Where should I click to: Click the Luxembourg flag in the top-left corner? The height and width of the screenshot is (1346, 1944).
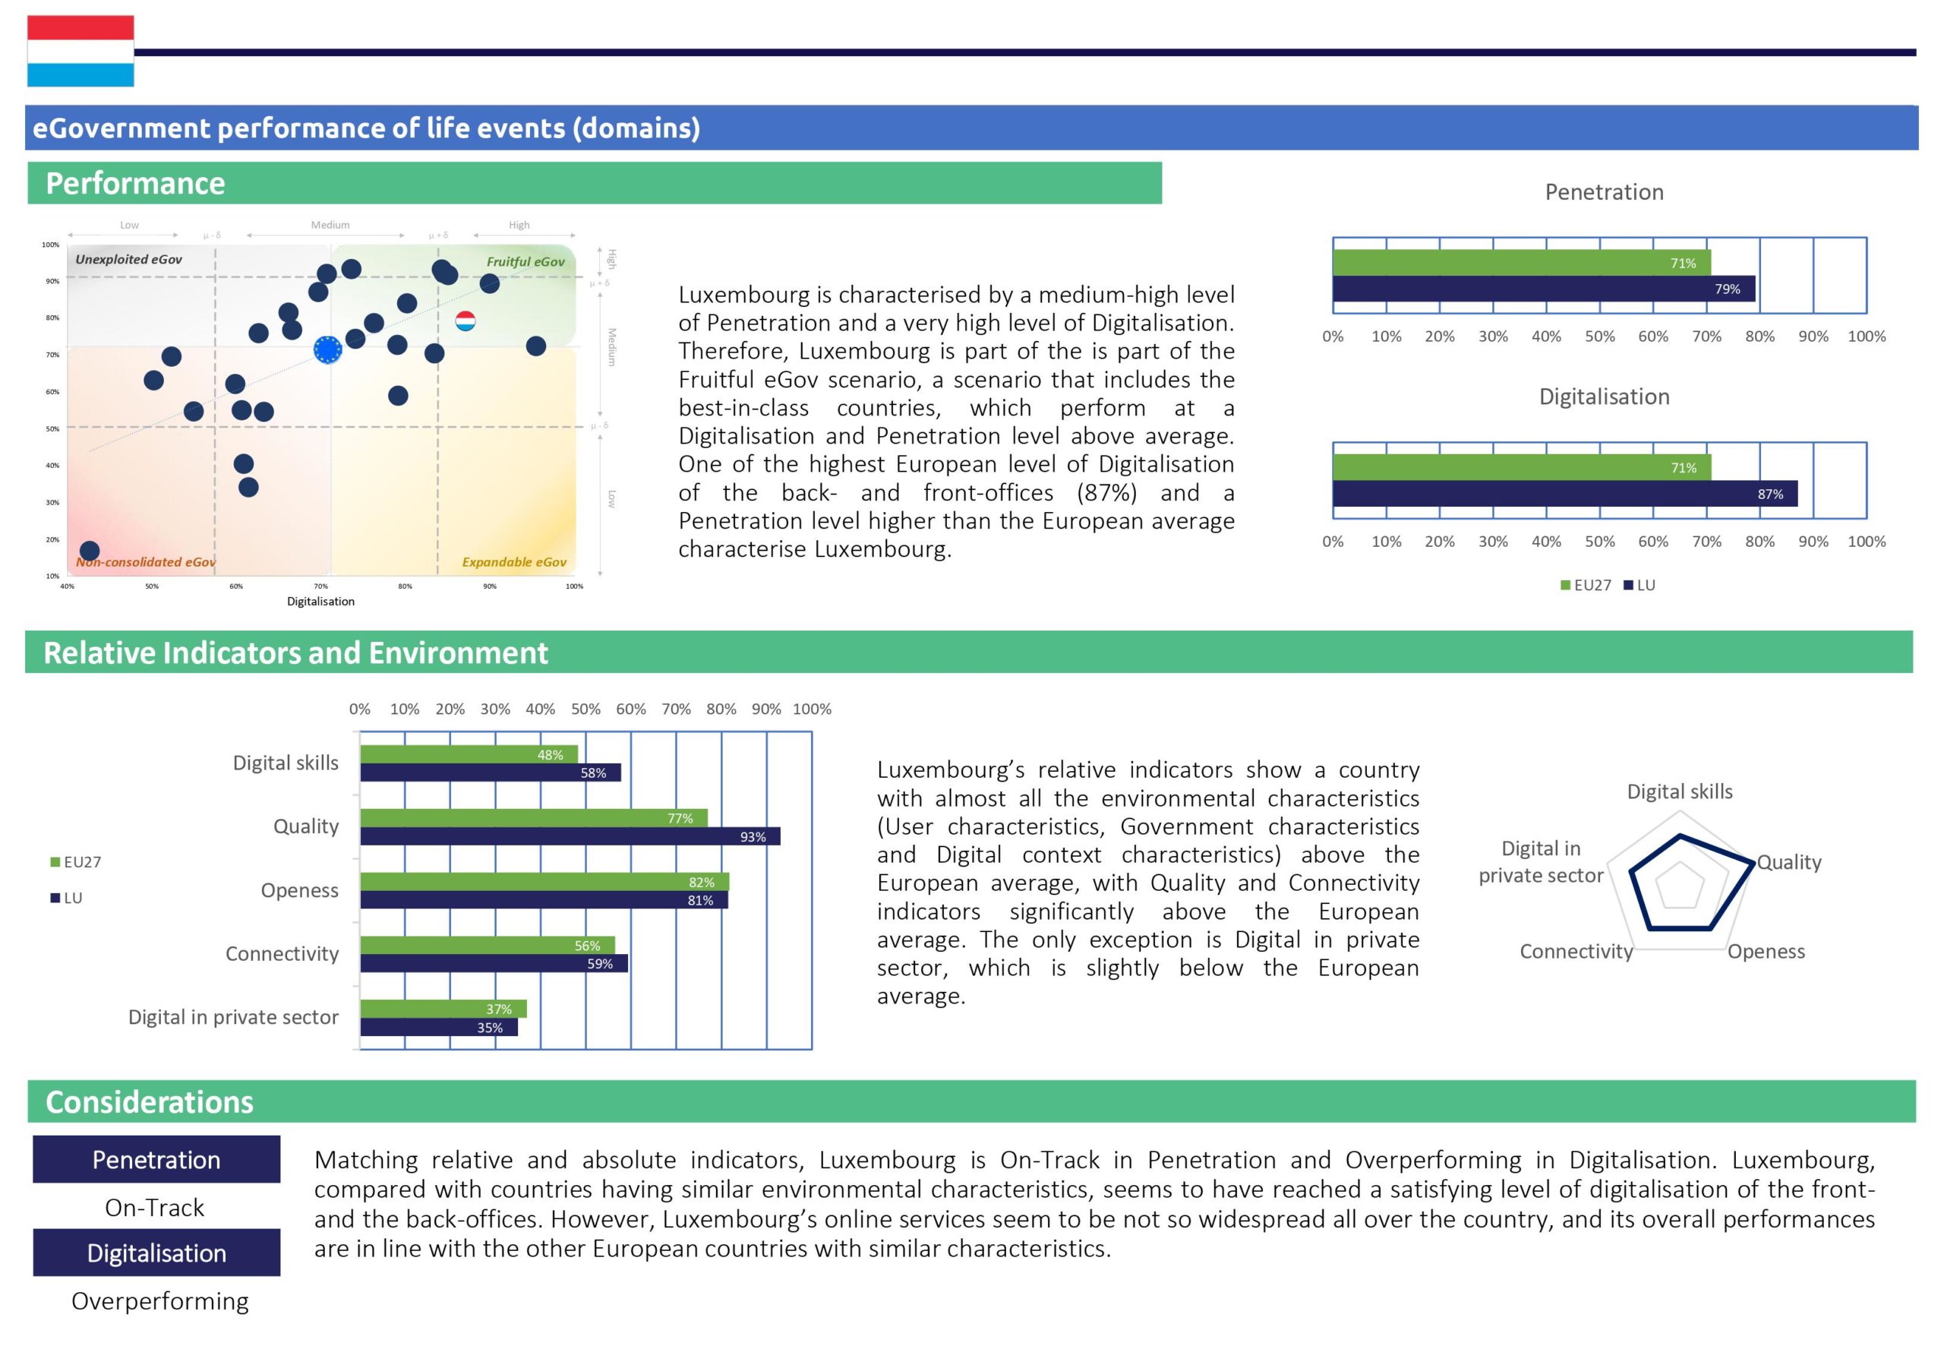(x=80, y=51)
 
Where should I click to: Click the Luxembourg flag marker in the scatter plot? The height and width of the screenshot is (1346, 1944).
(x=465, y=321)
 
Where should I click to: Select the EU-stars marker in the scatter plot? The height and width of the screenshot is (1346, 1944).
(x=327, y=349)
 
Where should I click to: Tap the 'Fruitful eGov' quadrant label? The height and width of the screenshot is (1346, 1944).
(x=525, y=261)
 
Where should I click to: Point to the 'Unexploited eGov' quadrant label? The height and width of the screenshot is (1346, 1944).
(x=128, y=259)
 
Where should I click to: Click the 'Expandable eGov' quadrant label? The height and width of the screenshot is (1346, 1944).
(x=513, y=561)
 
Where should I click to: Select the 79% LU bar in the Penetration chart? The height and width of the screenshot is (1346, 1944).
(x=1543, y=289)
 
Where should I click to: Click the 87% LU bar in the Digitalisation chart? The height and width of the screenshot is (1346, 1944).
(x=1564, y=494)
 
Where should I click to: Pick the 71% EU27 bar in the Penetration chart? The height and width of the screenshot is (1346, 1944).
(x=1521, y=263)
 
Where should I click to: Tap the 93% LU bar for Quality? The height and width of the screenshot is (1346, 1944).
(x=570, y=836)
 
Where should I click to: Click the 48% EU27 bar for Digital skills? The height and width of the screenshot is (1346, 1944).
(x=469, y=755)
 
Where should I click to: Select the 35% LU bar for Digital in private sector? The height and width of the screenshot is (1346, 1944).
(x=438, y=1027)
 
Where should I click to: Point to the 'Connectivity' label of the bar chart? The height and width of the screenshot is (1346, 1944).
(x=282, y=954)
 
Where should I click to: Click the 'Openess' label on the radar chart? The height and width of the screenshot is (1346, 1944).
(x=1766, y=951)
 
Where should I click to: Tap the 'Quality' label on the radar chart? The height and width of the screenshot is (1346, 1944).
(x=1789, y=862)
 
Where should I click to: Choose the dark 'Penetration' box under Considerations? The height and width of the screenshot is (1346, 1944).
(x=156, y=1160)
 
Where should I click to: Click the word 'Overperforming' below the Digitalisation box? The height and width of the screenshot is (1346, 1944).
(x=159, y=1301)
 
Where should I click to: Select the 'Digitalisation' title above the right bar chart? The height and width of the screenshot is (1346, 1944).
(x=1604, y=397)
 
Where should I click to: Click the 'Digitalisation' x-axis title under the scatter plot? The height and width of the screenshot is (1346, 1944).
(x=320, y=602)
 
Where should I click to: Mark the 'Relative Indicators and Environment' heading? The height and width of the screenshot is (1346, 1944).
(x=295, y=652)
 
